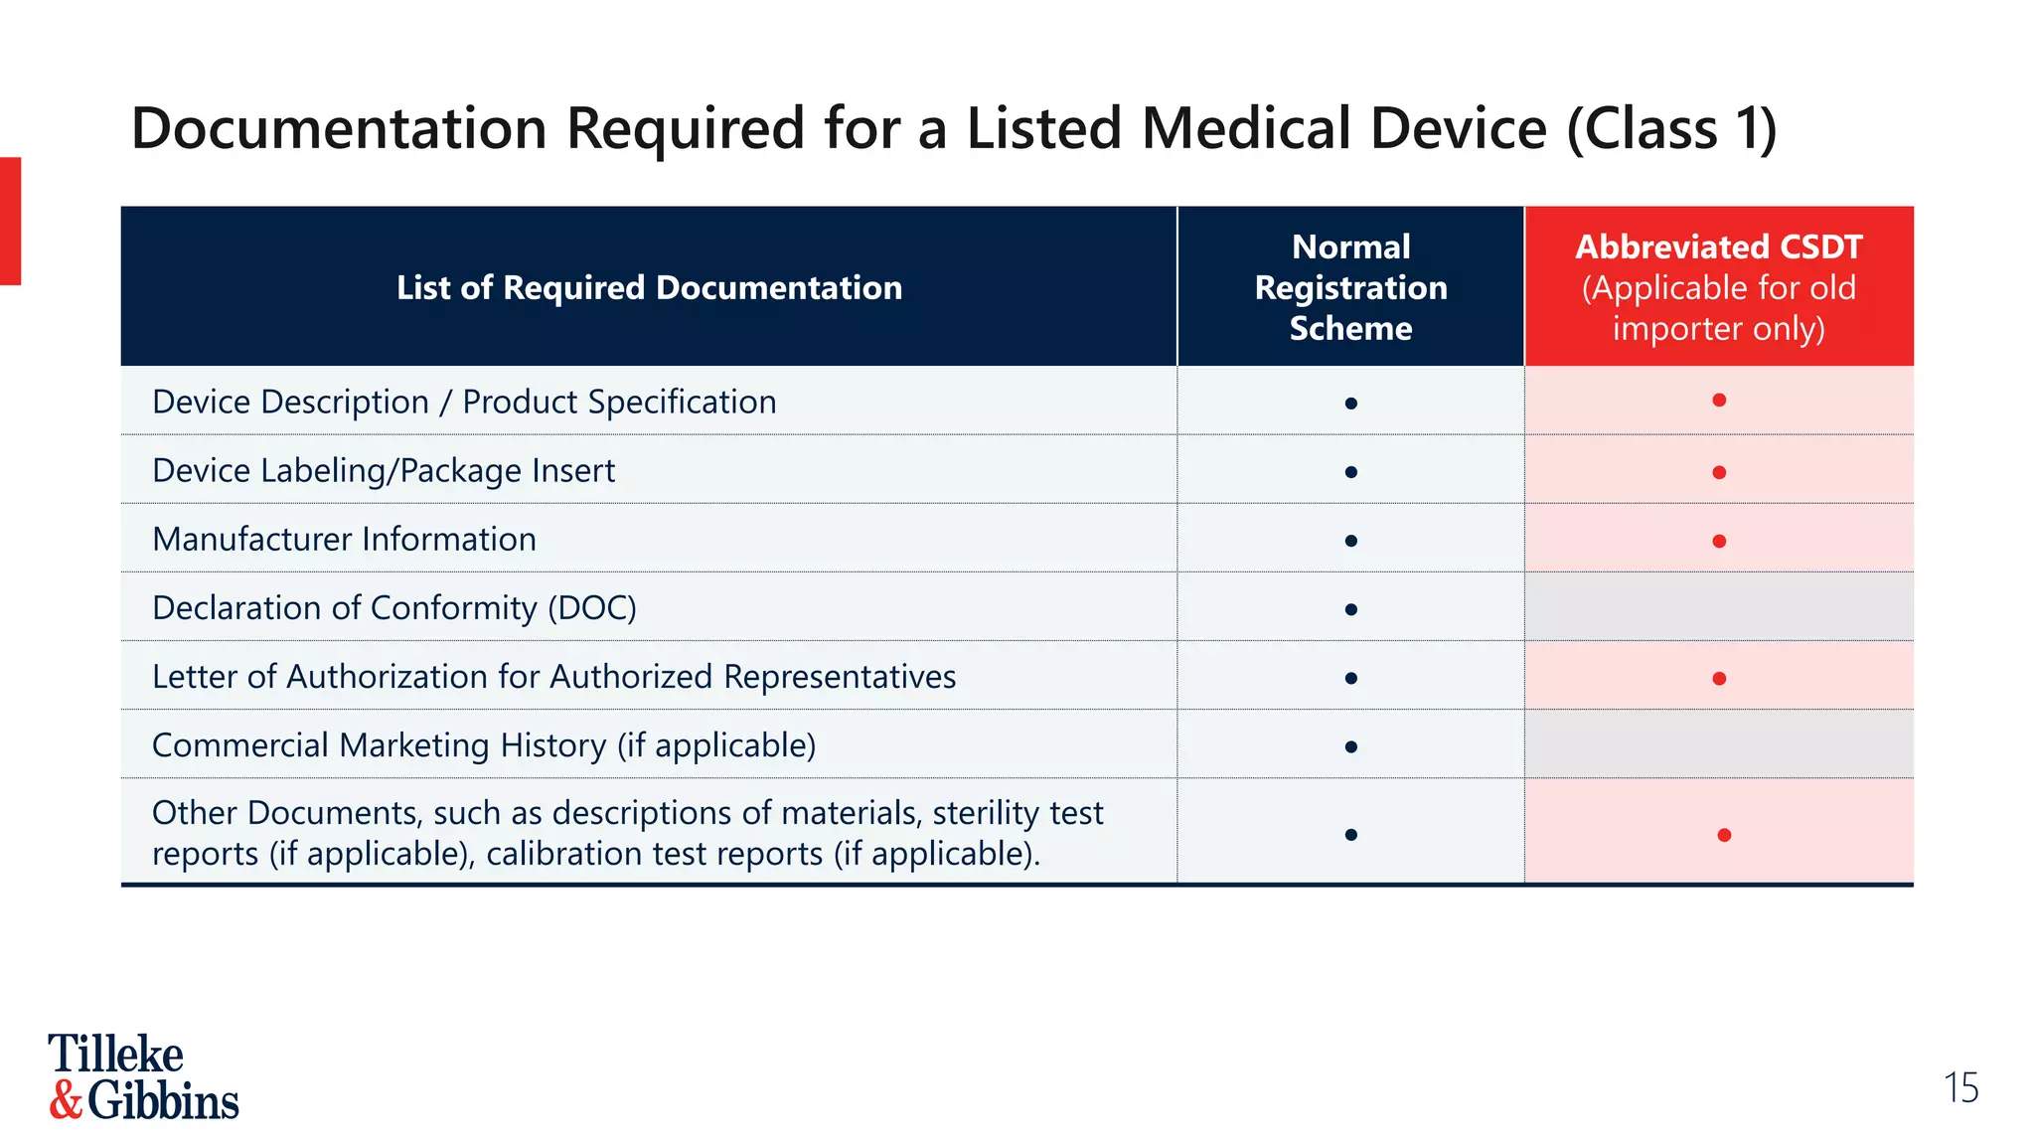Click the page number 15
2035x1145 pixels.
pyautogui.click(x=1960, y=1088)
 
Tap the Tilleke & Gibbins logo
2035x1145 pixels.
pyautogui.click(x=143, y=1077)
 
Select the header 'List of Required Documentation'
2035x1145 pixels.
pyautogui.click(x=649, y=287)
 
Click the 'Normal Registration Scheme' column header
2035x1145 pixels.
pyautogui.click(x=1350, y=287)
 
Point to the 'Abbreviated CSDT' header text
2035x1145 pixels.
pyautogui.click(x=1718, y=246)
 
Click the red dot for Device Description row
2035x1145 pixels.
pyautogui.click(x=1719, y=401)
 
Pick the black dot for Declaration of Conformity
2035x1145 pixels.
pyautogui.click(x=1350, y=609)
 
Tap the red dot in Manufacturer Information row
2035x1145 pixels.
pyautogui.click(x=1719, y=542)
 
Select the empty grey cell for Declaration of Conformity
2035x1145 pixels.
pyautogui.click(x=1719, y=606)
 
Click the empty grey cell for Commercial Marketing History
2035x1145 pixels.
pyautogui.click(x=1719, y=743)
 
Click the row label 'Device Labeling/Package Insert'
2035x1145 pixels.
pyautogui.click(x=384, y=470)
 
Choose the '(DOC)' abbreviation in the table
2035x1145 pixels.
pyautogui.click(x=592, y=607)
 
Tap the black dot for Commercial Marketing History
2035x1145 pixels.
pyautogui.click(x=1350, y=746)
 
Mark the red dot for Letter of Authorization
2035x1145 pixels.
pyautogui.click(x=1719, y=679)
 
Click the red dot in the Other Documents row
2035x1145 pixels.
pyautogui.click(x=1724, y=835)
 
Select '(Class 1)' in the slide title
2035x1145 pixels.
pyautogui.click(x=1671, y=129)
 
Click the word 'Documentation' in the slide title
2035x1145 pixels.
pyautogui.click(x=339, y=129)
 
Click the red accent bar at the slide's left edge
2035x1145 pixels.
pyautogui.click(x=10, y=221)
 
